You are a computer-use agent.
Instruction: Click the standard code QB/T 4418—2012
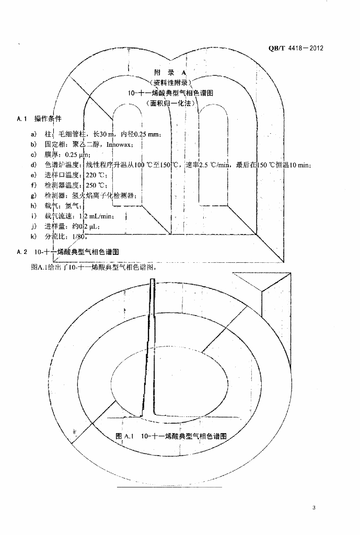[x=296, y=49]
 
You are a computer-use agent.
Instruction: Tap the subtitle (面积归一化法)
[x=171, y=103]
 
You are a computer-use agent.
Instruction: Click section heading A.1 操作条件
[x=39, y=119]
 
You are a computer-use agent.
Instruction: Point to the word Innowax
[x=121, y=144]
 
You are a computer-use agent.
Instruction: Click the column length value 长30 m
[x=105, y=134]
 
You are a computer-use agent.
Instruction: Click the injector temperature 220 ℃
[x=96, y=175]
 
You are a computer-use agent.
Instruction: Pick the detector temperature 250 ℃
[x=96, y=185]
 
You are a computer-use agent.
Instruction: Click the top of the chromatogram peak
[x=152, y=281]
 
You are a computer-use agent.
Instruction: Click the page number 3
[x=313, y=507]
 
